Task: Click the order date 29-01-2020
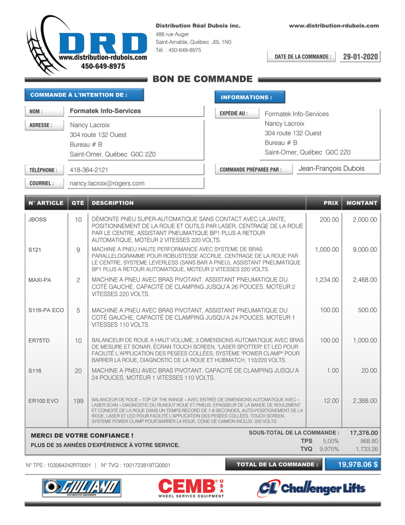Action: [x=360, y=57]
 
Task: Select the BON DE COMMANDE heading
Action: [x=202, y=79]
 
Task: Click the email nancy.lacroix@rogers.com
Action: [x=107, y=183]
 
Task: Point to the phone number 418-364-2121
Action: [x=89, y=170]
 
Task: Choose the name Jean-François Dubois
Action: [x=331, y=169]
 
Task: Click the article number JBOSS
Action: [x=38, y=220]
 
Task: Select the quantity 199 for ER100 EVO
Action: [x=78, y=401]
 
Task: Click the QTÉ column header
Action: [x=78, y=203]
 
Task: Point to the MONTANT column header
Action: [x=362, y=203]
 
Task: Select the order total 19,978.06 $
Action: [x=358, y=464]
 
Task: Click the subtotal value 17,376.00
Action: [x=364, y=433]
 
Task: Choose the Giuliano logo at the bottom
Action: [x=82, y=488]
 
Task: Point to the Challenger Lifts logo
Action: [x=311, y=488]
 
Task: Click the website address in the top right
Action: [x=334, y=26]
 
